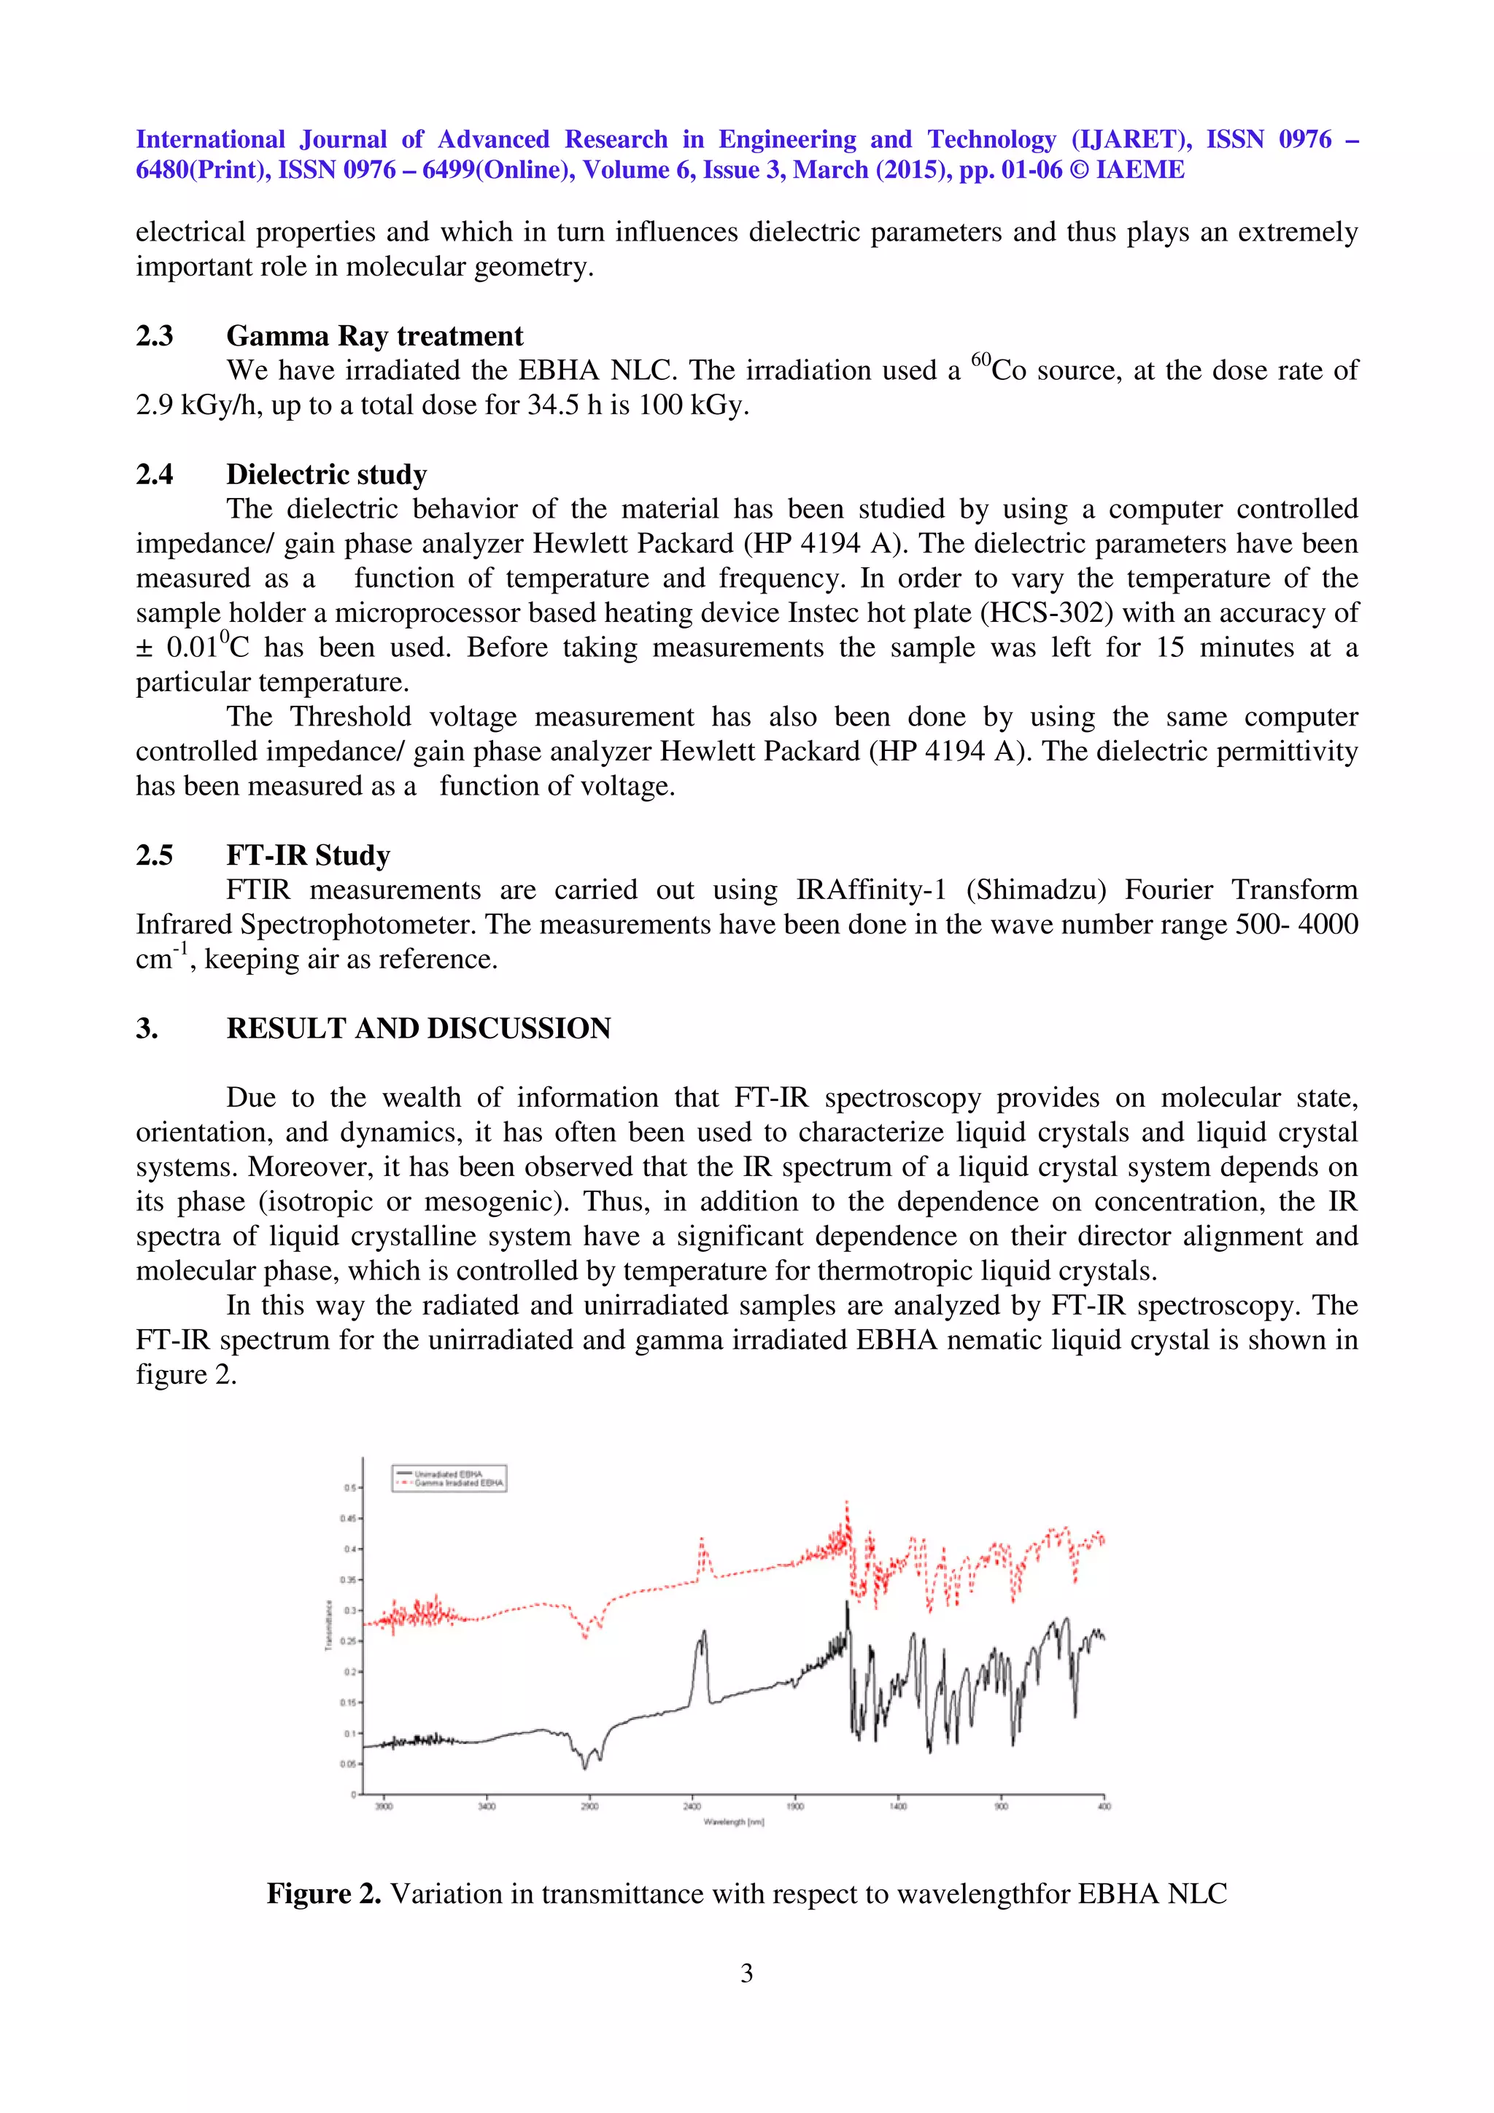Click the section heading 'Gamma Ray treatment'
click(375, 336)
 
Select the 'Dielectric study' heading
click(327, 475)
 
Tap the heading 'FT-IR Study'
click(309, 856)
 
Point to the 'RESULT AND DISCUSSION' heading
click(419, 1029)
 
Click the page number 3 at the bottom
click(746, 1972)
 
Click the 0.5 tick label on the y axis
click(350, 1487)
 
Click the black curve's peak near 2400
click(703, 1632)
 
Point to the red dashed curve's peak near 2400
click(702, 1538)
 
